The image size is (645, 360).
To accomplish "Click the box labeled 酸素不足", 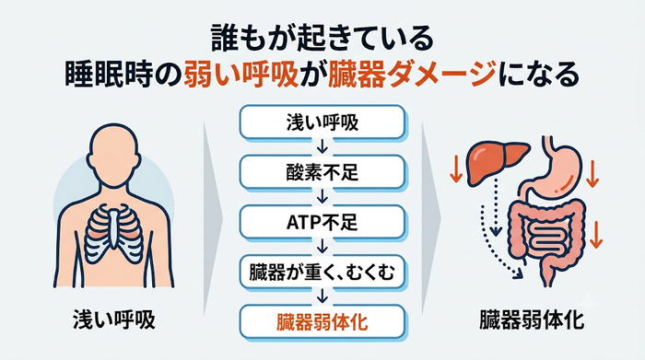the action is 322,172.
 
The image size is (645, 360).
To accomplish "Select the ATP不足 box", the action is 322,222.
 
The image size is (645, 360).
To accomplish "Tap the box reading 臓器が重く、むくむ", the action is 322,272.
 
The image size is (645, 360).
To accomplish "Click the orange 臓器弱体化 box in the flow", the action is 322,322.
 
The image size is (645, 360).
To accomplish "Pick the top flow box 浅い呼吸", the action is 322,122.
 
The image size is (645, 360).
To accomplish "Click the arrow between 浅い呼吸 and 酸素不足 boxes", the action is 322,146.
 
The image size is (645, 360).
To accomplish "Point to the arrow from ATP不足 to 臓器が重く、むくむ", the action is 322,247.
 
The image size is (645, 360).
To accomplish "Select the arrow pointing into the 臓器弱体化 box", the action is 322,296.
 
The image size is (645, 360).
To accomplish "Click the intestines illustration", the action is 547,238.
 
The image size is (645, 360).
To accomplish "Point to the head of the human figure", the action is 113,157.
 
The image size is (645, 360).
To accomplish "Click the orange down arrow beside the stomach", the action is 592,174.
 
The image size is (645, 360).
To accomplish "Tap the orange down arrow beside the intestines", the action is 596,235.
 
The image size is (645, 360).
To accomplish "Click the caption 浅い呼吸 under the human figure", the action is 114,320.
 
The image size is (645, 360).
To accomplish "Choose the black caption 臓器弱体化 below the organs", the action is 532,320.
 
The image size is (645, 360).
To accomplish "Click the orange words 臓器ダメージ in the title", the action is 411,76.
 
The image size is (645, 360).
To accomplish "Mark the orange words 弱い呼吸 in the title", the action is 240,76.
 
